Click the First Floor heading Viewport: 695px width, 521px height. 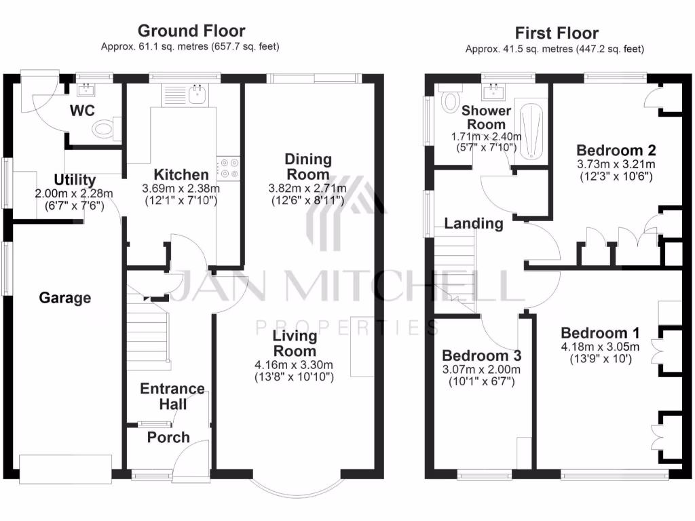557,33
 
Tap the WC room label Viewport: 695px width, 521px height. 81,110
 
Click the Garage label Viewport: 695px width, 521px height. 64,298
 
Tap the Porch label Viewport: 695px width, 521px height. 168,438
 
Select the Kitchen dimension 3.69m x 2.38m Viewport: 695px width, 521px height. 181,189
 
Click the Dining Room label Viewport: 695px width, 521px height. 308,167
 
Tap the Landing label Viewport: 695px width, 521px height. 474,223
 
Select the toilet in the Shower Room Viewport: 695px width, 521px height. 448,102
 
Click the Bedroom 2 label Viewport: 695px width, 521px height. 616,150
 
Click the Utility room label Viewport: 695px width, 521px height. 75,180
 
